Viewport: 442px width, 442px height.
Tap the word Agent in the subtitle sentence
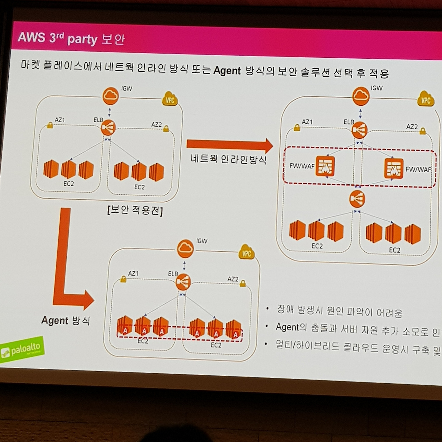point(227,71)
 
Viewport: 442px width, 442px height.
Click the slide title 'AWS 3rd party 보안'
point(71,38)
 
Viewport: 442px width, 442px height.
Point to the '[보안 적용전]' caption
point(135,210)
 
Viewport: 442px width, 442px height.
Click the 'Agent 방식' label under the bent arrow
point(65,320)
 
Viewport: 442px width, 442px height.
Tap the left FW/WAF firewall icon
point(325,166)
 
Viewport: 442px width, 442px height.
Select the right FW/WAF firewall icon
point(394,168)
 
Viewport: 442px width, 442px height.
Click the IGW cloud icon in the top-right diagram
point(361,96)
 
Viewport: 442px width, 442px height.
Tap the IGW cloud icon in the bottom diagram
point(185,249)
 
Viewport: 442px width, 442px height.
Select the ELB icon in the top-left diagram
point(108,128)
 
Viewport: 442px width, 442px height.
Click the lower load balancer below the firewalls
point(357,199)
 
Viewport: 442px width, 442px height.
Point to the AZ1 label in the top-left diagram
point(60,120)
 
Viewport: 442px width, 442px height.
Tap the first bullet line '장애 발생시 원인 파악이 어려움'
point(339,310)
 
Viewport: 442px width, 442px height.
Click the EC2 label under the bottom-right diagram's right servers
point(395,250)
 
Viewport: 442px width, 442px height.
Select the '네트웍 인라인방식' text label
point(229,159)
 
